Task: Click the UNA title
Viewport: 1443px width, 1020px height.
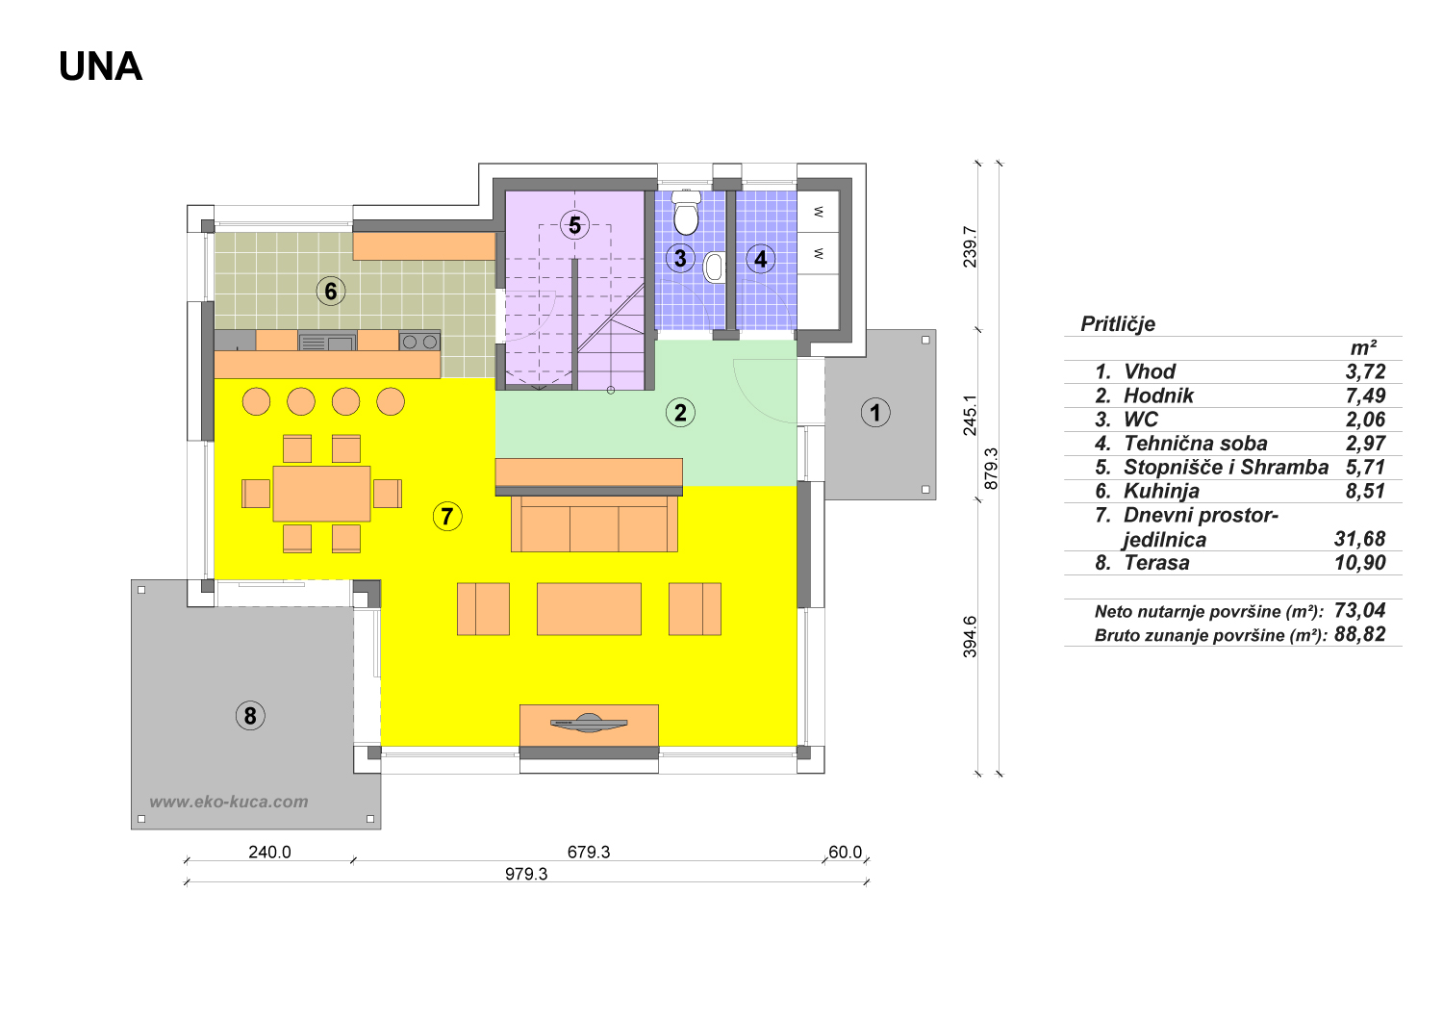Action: (100, 66)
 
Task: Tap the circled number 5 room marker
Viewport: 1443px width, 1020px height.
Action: (574, 225)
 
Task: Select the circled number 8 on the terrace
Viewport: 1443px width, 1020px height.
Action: (250, 715)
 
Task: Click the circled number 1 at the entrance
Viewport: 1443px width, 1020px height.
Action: (875, 413)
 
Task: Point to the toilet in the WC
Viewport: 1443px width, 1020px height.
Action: (686, 212)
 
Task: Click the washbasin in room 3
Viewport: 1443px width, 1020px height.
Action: (715, 268)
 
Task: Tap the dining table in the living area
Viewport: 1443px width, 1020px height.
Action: (321, 494)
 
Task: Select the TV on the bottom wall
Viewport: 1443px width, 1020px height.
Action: (589, 724)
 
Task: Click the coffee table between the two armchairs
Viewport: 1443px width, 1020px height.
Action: (589, 609)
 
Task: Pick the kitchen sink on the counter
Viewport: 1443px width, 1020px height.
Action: (327, 341)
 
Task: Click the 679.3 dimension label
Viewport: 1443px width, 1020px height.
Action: (589, 852)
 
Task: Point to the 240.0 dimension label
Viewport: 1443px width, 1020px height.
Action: (270, 852)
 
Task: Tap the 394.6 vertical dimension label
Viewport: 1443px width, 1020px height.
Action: (970, 637)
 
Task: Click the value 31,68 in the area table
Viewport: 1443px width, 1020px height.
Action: (1359, 539)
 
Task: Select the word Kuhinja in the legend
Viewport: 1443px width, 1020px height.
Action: (1161, 491)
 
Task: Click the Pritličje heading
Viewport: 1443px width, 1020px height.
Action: (1118, 323)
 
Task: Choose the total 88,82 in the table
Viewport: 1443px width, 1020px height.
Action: (1360, 634)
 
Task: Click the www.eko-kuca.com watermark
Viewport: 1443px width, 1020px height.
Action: (229, 802)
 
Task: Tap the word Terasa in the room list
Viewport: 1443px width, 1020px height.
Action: (1156, 563)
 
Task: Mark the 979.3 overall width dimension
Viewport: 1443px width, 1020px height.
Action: (526, 874)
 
